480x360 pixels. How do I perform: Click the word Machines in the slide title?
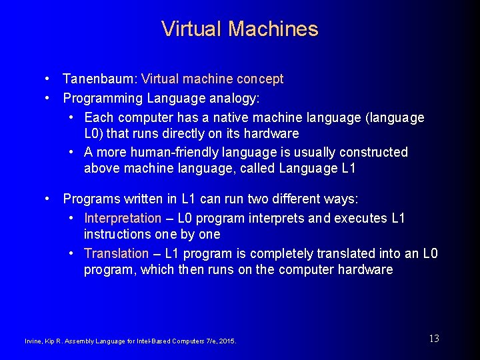[x=273, y=29]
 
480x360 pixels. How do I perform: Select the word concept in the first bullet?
[x=260, y=79]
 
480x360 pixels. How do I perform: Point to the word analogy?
[x=237, y=99]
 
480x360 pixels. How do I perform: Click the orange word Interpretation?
[x=123, y=219]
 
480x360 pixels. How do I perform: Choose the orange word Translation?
[x=117, y=254]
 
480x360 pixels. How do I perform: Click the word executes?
[x=361, y=219]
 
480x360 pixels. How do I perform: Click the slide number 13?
[x=434, y=339]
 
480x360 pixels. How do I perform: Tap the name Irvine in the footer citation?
[x=32, y=341]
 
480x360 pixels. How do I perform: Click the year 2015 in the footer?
[x=227, y=341]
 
